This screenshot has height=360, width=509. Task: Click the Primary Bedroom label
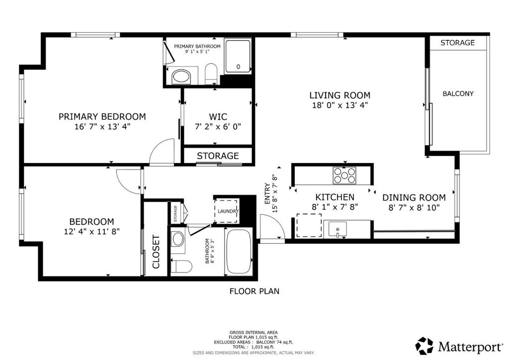pos(102,116)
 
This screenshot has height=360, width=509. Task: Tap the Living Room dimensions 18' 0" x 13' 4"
pos(340,105)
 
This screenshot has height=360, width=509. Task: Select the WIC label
pos(218,116)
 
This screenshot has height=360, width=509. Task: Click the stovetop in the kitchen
pos(344,176)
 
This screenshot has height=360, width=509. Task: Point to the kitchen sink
pos(338,229)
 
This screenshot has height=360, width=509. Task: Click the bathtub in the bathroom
pos(239,252)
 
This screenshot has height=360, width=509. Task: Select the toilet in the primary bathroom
pos(211,74)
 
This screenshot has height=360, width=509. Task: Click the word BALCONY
pos(458,94)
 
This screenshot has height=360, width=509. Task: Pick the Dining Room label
pos(414,197)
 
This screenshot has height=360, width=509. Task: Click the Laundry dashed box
pos(226,211)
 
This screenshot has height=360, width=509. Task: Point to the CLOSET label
pos(156,252)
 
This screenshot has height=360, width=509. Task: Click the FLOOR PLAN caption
pos(254,291)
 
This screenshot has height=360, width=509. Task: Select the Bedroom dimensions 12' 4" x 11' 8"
pos(92,231)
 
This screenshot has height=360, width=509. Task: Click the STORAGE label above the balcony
pos(457,43)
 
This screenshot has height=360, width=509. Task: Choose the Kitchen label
pos(335,197)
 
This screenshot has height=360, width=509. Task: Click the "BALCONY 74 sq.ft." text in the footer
pos(274,342)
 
